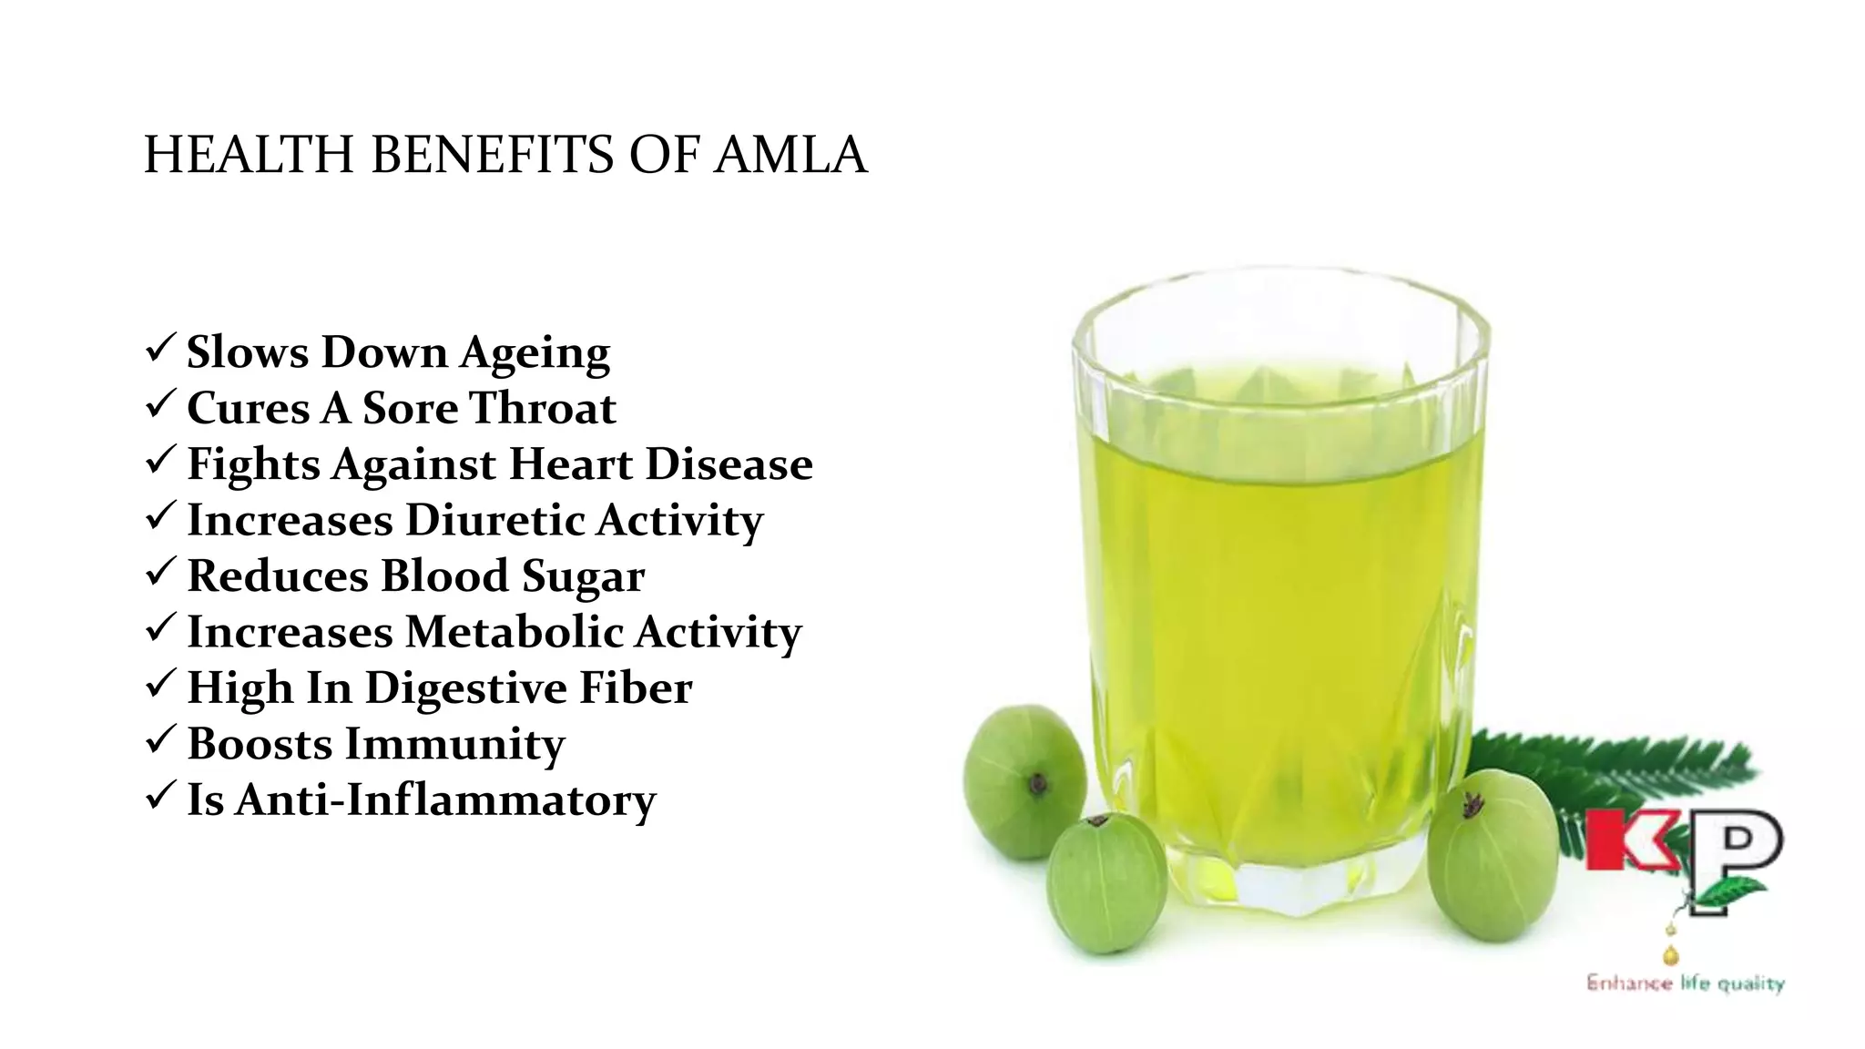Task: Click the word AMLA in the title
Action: [x=790, y=155]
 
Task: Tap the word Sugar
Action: [x=583, y=577]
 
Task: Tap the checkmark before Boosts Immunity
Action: [x=160, y=740]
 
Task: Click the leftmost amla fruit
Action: [x=1024, y=781]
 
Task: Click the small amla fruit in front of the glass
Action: [x=1106, y=883]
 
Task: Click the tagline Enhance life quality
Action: [x=1685, y=983]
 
